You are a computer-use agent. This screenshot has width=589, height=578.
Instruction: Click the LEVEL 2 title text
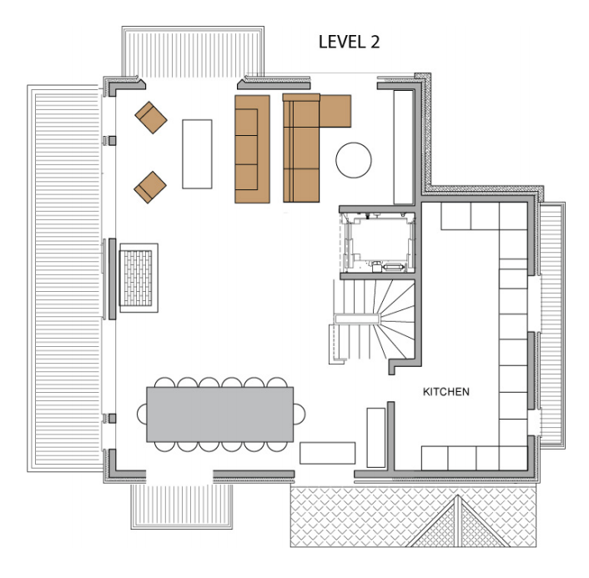350,43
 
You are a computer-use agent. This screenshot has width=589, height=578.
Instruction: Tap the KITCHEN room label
446,391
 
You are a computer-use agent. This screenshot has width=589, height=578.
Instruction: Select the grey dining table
220,414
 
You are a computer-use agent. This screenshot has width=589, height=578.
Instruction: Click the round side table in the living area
354,159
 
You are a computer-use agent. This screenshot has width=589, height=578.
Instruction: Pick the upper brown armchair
152,118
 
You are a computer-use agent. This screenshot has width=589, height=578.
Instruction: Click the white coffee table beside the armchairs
197,154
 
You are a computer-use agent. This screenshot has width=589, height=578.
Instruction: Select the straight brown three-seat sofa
252,149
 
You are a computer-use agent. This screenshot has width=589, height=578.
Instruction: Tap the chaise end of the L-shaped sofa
335,110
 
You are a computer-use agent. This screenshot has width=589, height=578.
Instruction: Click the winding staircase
375,321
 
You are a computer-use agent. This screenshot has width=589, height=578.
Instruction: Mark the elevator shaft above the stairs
376,241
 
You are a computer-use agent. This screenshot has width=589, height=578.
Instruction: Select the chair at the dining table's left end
142,414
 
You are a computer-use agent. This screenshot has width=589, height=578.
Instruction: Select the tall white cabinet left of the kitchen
376,437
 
